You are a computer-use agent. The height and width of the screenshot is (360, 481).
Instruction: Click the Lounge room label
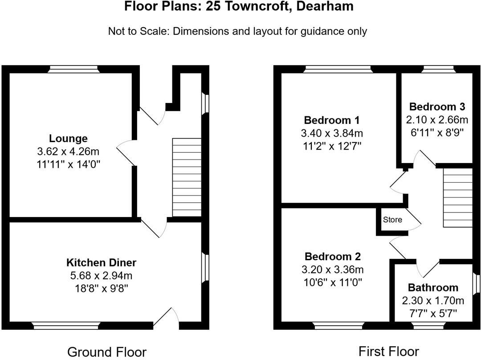coord(68,139)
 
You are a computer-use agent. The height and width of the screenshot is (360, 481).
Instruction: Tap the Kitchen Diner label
coord(102,262)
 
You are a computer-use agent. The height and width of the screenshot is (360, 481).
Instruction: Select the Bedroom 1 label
coord(332,120)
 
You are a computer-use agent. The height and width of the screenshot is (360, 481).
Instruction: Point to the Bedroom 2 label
coord(333,257)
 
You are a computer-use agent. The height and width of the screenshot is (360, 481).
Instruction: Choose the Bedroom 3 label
coord(437,107)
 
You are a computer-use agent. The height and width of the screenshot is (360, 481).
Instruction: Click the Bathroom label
coord(433,287)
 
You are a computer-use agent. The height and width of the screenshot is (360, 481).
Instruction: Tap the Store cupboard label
coord(392,220)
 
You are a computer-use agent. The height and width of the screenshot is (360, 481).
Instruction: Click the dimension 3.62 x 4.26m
coord(68,151)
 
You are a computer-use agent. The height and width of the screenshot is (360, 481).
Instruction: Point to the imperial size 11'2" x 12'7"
coord(332,147)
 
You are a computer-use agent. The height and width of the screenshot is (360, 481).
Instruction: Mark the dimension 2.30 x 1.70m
coord(433,301)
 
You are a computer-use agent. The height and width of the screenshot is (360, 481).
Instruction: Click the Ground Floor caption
coord(106,352)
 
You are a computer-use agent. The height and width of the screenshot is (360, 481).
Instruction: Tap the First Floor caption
coord(389,352)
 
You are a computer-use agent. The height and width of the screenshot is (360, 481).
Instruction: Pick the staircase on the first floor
coord(457,198)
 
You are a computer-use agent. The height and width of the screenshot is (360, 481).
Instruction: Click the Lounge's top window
coord(73,69)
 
